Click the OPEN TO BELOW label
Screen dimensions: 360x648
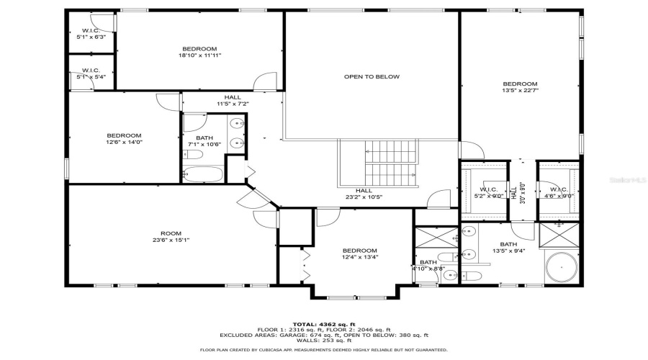pyautogui.click(x=372, y=76)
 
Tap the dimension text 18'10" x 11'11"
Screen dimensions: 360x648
pyautogui.click(x=199, y=55)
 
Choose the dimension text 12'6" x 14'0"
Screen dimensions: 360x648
pyautogui.click(x=124, y=143)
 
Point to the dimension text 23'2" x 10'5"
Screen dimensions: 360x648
pyautogui.click(x=364, y=197)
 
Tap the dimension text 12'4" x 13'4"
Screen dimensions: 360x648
pyautogui.click(x=359, y=257)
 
